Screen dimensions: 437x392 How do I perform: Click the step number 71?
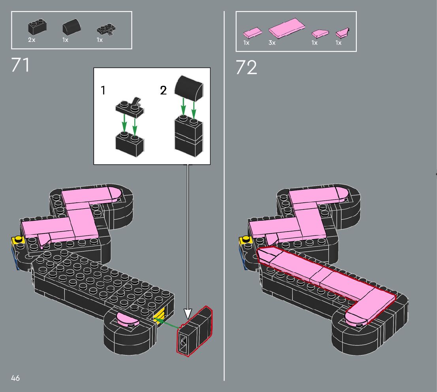pos(20,65)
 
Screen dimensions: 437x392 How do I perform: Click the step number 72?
pos(247,68)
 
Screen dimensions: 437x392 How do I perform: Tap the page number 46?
pos(15,378)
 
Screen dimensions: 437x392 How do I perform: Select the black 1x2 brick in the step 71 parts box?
pos(37,27)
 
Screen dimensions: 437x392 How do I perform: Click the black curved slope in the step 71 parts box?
pos(72,27)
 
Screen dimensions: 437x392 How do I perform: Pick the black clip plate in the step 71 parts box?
pos(106,30)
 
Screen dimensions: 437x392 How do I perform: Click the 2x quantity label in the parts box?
pos(32,40)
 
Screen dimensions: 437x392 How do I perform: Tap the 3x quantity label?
pos(272,43)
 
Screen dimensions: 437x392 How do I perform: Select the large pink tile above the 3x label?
pos(286,28)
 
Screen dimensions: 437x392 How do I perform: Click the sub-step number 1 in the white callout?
pos(103,90)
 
